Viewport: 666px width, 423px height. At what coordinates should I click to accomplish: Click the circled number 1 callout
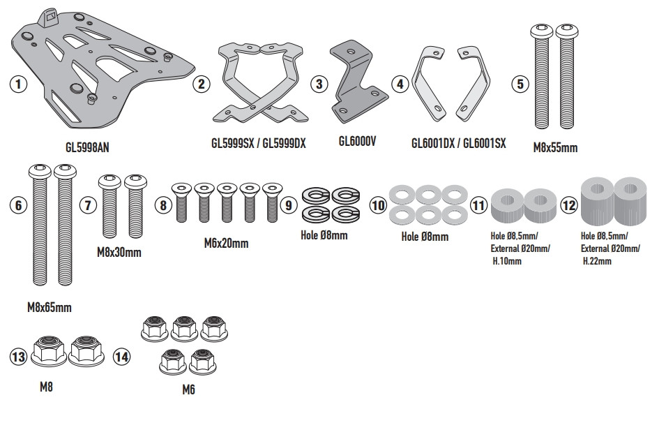pyautogui.click(x=18, y=84)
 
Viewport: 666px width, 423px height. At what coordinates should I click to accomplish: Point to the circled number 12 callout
pyautogui.click(x=569, y=206)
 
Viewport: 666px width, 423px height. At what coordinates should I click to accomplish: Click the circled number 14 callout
pyautogui.click(x=122, y=357)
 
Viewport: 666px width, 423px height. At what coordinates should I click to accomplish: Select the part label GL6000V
pyautogui.click(x=358, y=140)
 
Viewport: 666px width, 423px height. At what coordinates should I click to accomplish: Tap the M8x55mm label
pyautogui.click(x=555, y=147)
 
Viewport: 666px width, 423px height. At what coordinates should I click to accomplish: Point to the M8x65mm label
pyautogui.click(x=49, y=306)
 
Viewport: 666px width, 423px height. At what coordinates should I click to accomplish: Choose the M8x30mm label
pyautogui.click(x=119, y=251)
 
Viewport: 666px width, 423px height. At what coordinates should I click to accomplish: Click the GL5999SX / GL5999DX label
pyautogui.click(x=259, y=142)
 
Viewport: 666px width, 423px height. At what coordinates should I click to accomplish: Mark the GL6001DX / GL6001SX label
pyautogui.click(x=459, y=143)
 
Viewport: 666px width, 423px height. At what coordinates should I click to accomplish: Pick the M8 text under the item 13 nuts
pyautogui.click(x=46, y=385)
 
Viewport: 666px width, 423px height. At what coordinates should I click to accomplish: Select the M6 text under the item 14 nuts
pyautogui.click(x=188, y=389)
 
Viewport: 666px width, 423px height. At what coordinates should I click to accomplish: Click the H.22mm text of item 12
pyautogui.click(x=597, y=261)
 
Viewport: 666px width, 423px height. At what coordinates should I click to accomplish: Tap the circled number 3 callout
pyautogui.click(x=319, y=84)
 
